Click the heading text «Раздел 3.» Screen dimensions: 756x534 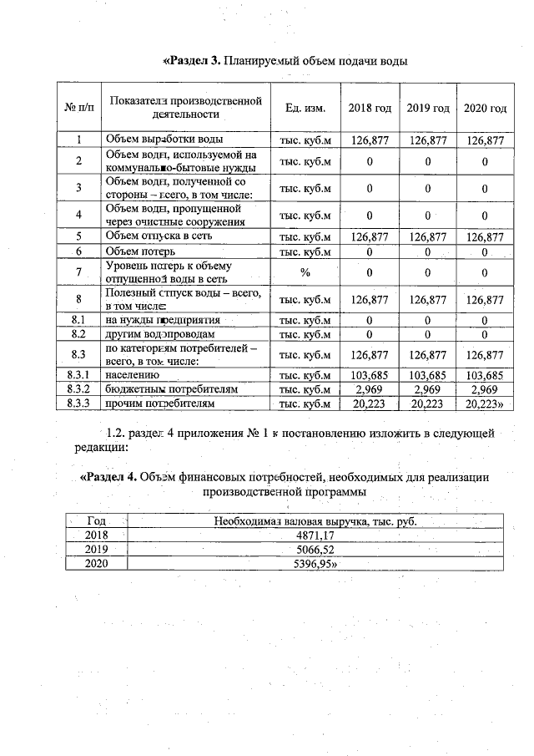[x=191, y=61]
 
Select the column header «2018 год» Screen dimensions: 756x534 [x=369, y=109]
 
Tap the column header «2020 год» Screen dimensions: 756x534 [x=485, y=109]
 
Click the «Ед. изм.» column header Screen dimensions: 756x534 [x=305, y=109]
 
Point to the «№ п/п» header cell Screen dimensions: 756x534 [x=78, y=109]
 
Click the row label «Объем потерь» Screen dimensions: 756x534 [x=139, y=251]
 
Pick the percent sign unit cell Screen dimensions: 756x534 [x=305, y=271]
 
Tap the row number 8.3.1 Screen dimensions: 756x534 [x=78, y=376]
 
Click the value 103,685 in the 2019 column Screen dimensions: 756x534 [x=428, y=376]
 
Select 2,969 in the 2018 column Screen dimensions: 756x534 [x=369, y=389]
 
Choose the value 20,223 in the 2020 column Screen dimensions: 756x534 [x=485, y=403]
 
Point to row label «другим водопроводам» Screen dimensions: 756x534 [x=154, y=334]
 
